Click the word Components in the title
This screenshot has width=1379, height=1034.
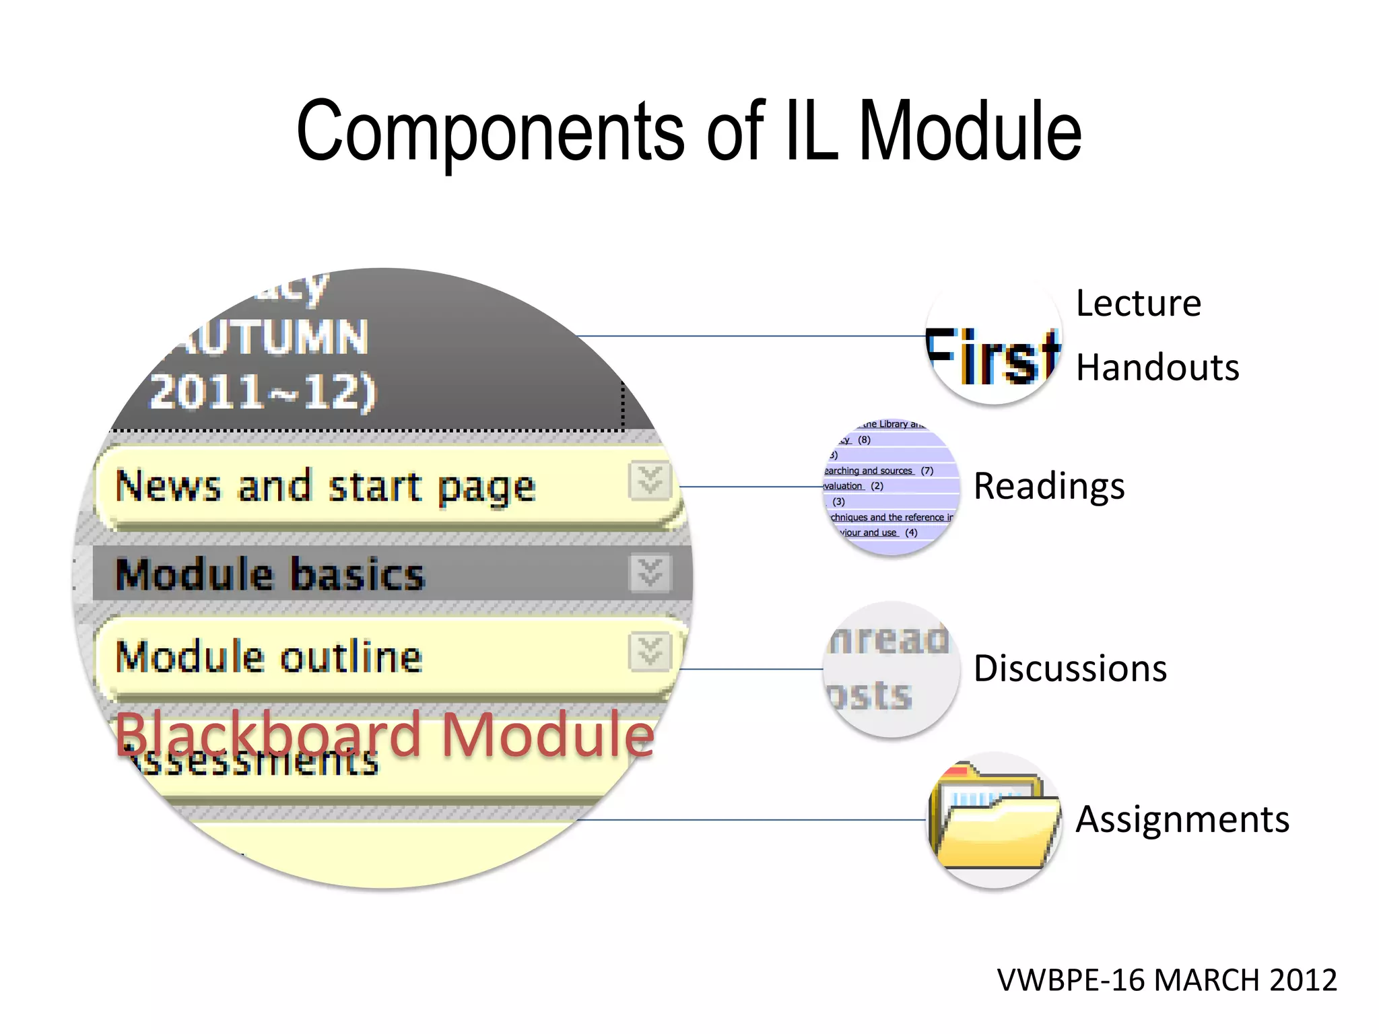pyautogui.click(x=490, y=131)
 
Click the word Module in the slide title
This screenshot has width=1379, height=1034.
pyautogui.click(x=970, y=131)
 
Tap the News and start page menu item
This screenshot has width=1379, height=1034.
pyautogui.click(x=325, y=486)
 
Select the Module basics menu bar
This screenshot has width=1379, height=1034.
pyautogui.click(x=270, y=574)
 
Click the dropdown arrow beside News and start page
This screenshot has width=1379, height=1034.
pyautogui.click(x=650, y=481)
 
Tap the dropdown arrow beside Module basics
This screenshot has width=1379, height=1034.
pyautogui.click(x=650, y=573)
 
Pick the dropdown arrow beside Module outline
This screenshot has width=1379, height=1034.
pyautogui.click(x=650, y=652)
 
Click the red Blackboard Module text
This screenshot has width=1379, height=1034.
pyautogui.click(x=384, y=734)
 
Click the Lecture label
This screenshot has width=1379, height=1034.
pyautogui.click(x=1138, y=304)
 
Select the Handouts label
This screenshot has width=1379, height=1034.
pyautogui.click(x=1157, y=368)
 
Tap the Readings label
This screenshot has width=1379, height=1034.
pyautogui.click(x=1048, y=486)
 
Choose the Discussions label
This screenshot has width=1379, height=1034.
pyautogui.click(x=1069, y=668)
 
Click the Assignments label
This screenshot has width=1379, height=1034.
pyautogui.click(x=1182, y=819)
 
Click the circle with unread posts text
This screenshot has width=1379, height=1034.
pyautogui.click(x=890, y=668)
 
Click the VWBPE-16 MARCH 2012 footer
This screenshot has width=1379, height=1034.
pyautogui.click(x=1166, y=980)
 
